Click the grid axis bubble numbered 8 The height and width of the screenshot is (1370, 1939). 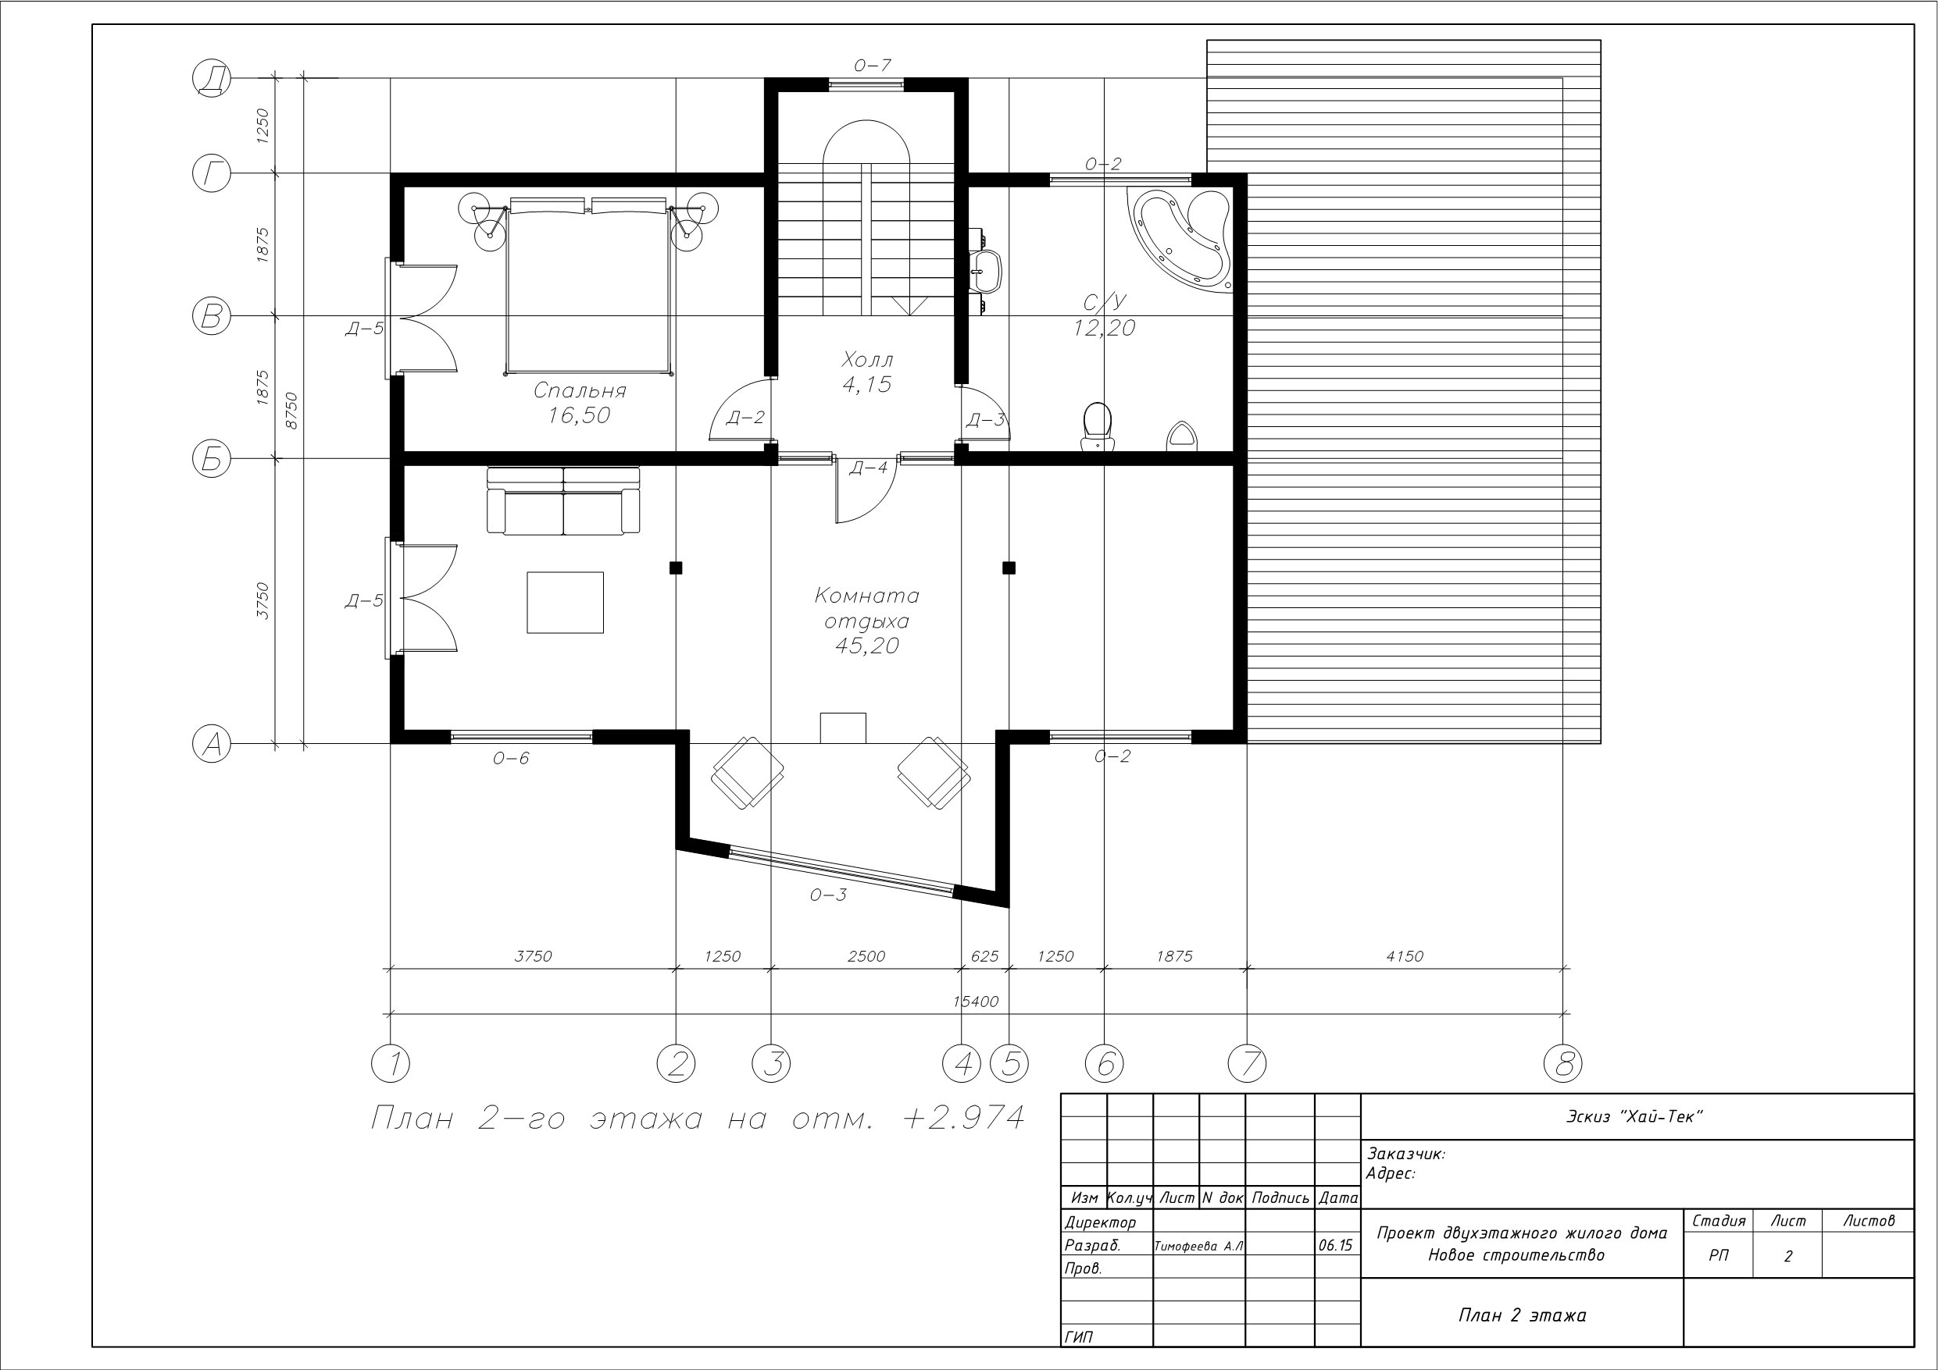[x=1562, y=1062]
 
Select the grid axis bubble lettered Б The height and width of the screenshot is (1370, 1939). [x=211, y=458]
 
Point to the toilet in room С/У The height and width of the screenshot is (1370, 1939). [x=1097, y=425]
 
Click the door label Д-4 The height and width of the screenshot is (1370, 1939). [x=868, y=468]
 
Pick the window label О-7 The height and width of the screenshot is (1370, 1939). [x=873, y=65]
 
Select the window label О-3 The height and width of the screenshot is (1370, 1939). [x=827, y=895]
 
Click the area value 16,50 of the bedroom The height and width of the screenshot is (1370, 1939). [x=578, y=415]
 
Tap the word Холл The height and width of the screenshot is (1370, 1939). [x=867, y=360]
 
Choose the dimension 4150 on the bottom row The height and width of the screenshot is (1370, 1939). [x=1405, y=956]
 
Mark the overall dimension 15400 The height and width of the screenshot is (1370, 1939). [x=976, y=1002]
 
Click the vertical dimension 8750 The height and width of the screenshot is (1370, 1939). [x=291, y=411]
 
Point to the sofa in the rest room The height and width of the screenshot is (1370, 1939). [x=563, y=500]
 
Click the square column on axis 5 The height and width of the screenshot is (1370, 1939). [x=1009, y=568]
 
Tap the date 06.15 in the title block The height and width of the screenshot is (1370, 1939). [x=1335, y=1245]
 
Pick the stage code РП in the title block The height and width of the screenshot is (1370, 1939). [x=1718, y=1256]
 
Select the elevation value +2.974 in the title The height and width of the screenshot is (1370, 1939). [x=963, y=1118]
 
